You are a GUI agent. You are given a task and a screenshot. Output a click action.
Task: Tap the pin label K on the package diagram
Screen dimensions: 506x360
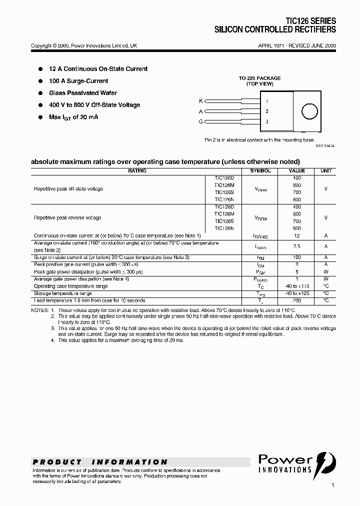tap(201, 101)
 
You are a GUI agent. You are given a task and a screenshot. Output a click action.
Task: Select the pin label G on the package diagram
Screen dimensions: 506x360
tap(201, 121)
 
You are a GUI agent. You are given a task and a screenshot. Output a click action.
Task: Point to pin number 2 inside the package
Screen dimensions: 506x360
tap(267, 111)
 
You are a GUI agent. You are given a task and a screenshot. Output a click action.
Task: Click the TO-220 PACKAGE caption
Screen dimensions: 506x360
tap(259, 78)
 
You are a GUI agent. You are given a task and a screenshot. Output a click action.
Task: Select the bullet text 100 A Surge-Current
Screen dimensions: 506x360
tap(78, 81)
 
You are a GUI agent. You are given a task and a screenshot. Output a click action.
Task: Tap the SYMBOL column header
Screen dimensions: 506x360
tap(260, 171)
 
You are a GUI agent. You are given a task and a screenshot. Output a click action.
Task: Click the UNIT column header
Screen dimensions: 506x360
tap(325, 171)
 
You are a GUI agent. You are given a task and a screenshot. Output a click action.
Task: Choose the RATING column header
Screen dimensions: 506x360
tap(137, 171)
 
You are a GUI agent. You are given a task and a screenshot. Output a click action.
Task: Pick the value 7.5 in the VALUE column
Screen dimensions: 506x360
tap(296, 246)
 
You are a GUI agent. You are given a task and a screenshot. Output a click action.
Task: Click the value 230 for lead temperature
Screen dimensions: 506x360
tap(296, 300)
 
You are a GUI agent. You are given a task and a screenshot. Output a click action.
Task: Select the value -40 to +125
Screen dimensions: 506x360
tap(296, 293)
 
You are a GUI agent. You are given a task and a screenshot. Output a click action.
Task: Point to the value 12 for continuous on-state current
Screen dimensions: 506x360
tap(296, 235)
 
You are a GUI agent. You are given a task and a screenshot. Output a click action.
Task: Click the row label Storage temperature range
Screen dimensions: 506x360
tap(63, 293)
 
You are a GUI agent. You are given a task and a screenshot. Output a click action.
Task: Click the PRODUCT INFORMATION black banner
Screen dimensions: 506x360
tap(100, 462)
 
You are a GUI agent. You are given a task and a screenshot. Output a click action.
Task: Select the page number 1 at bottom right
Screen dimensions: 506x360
tap(332, 485)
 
